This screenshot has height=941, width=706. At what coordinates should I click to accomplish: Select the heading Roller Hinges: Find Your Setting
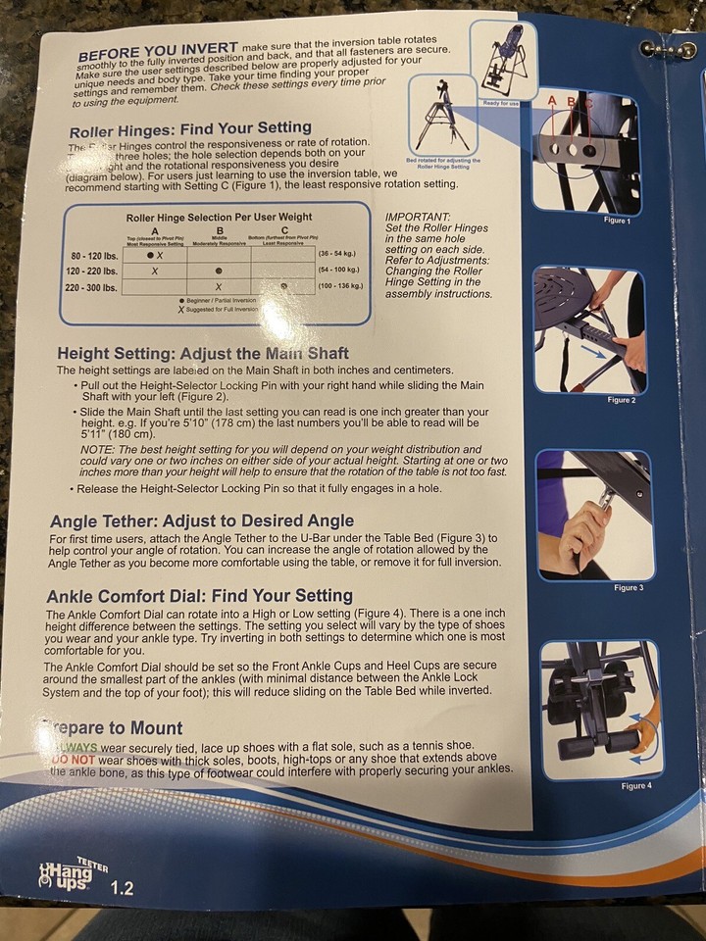pos(190,127)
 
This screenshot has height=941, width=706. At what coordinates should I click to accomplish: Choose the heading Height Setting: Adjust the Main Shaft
pos(203,353)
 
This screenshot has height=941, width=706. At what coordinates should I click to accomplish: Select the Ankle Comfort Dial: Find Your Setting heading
pos(199,595)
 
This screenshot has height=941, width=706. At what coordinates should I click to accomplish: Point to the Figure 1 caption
pos(617,221)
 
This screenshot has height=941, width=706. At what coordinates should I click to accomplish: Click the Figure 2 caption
pos(621,400)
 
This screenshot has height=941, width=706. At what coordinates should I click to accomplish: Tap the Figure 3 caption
pos(628,587)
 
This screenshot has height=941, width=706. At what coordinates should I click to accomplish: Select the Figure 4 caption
pos(634,785)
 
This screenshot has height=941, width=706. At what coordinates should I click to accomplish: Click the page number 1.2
pos(123,889)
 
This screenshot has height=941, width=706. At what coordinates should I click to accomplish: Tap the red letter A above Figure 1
pos(551,100)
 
